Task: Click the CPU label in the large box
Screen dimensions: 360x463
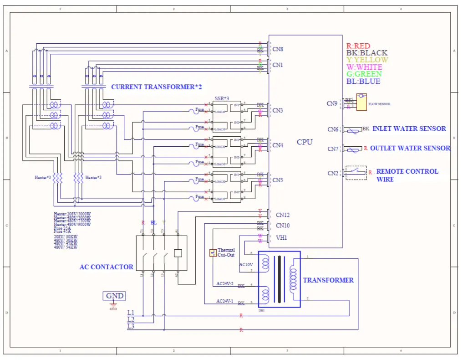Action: click(x=305, y=142)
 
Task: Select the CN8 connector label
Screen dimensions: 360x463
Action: click(x=278, y=49)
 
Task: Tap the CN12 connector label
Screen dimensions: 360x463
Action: click(x=283, y=215)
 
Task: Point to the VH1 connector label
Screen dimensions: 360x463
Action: click(x=282, y=237)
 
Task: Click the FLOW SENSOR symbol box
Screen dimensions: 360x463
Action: click(x=361, y=103)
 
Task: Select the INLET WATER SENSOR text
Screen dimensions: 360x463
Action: click(x=409, y=129)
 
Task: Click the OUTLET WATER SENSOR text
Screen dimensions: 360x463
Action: click(x=410, y=148)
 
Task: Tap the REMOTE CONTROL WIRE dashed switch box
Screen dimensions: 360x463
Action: click(x=356, y=172)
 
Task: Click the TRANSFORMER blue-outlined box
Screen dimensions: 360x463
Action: click(x=279, y=279)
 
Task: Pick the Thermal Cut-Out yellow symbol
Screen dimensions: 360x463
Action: click(x=213, y=252)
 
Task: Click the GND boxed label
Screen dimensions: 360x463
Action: click(x=114, y=296)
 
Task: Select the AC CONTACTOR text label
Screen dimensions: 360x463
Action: click(x=106, y=267)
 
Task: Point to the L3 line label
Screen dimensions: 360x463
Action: click(x=131, y=326)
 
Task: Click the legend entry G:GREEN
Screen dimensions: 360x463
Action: click(x=364, y=74)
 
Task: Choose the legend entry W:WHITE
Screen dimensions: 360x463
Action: click(x=364, y=67)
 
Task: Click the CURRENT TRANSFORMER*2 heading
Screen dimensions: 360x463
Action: click(x=156, y=87)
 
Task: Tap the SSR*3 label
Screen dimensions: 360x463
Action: click(x=222, y=99)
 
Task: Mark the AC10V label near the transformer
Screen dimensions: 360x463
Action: click(x=245, y=264)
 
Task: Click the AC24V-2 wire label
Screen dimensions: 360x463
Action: click(x=225, y=283)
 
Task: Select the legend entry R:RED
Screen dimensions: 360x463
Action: click(x=358, y=46)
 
